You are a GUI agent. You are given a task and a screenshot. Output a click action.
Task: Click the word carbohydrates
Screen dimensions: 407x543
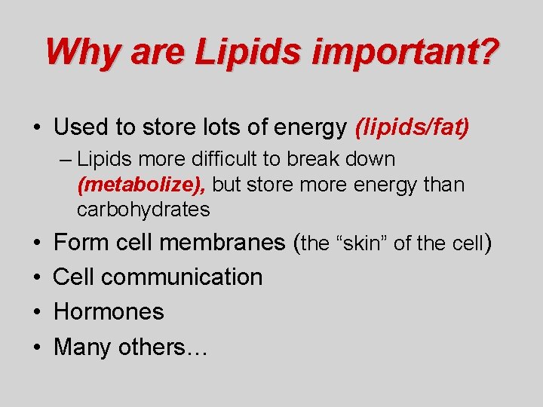(x=143, y=210)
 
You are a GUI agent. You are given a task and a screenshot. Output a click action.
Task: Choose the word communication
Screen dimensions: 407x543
(x=182, y=277)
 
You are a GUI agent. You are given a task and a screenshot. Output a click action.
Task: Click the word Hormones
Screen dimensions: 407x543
(x=109, y=311)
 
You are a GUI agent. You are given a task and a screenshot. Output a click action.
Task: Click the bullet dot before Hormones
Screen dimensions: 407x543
(x=38, y=312)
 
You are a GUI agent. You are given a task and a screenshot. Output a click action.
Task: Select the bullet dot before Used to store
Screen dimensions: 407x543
(x=38, y=127)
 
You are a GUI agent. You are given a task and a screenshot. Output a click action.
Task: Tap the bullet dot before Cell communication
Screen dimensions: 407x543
(x=38, y=277)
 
